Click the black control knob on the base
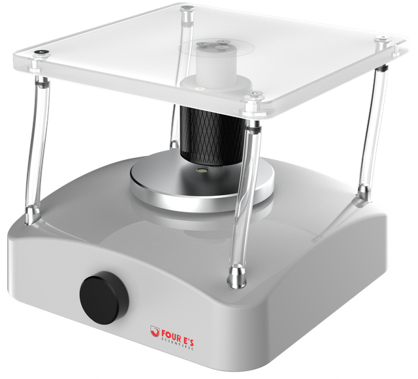(x=104, y=297)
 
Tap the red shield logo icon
(x=155, y=331)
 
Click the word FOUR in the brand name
(x=171, y=335)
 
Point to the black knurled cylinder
(x=212, y=136)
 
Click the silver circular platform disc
(x=202, y=181)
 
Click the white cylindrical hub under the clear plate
(x=216, y=64)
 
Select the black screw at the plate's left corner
(x=41, y=52)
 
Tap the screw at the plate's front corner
(x=255, y=93)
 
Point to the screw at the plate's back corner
(x=187, y=7)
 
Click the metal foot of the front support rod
(x=236, y=277)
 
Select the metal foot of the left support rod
(x=33, y=214)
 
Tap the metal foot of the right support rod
(x=364, y=194)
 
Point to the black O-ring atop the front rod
(x=253, y=129)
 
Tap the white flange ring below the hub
(x=216, y=84)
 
